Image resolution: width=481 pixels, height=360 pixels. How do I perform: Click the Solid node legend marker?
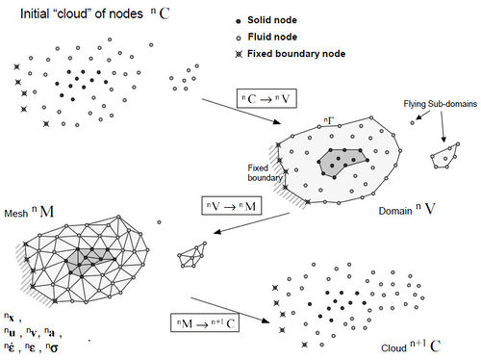click(x=238, y=20)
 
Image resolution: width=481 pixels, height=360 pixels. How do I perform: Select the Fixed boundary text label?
click(x=264, y=171)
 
